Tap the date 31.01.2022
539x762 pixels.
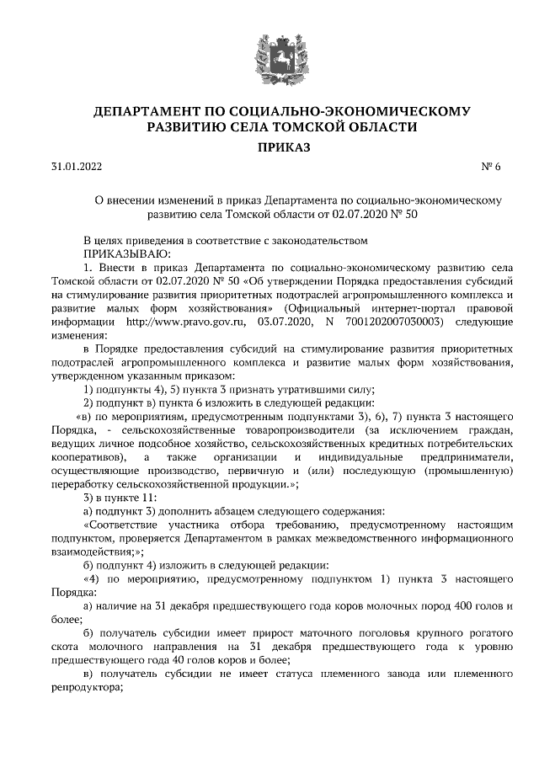click(75, 168)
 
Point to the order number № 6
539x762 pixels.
click(491, 168)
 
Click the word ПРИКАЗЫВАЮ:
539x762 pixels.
click(126, 253)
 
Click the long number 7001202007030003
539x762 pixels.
click(391, 321)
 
